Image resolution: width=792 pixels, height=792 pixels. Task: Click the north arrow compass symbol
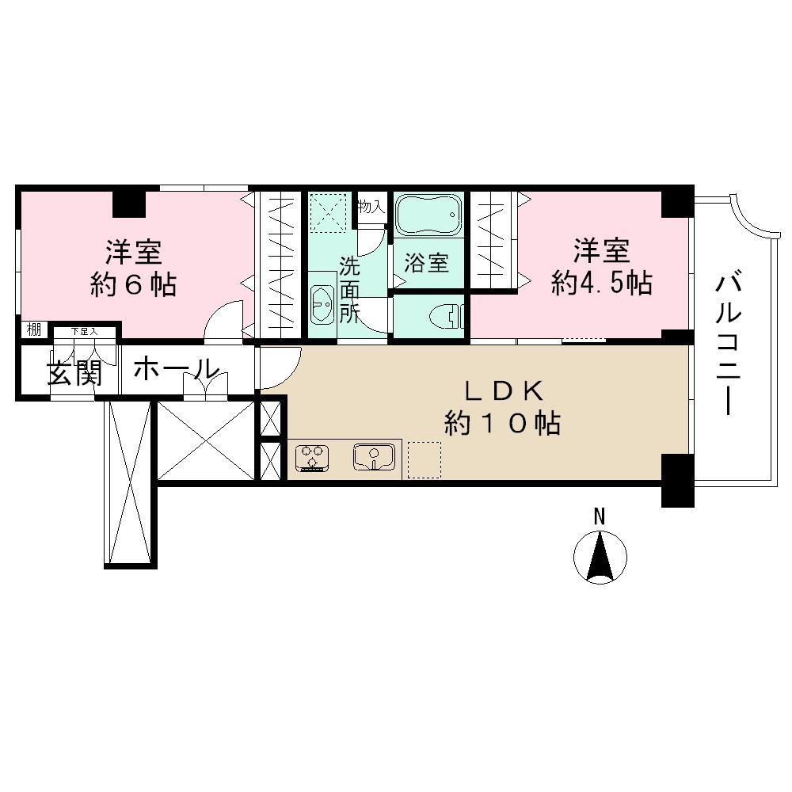click(600, 554)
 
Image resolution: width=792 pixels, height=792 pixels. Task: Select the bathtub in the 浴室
click(428, 214)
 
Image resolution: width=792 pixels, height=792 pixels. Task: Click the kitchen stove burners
click(312, 458)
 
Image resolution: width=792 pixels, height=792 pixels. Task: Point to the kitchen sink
click(374, 457)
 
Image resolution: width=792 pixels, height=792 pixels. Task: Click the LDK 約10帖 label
click(502, 407)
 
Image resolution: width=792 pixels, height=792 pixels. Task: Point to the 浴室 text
click(427, 263)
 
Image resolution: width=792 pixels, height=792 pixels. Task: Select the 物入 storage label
click(371, 208)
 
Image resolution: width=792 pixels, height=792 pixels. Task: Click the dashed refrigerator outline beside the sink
click(424, 459)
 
